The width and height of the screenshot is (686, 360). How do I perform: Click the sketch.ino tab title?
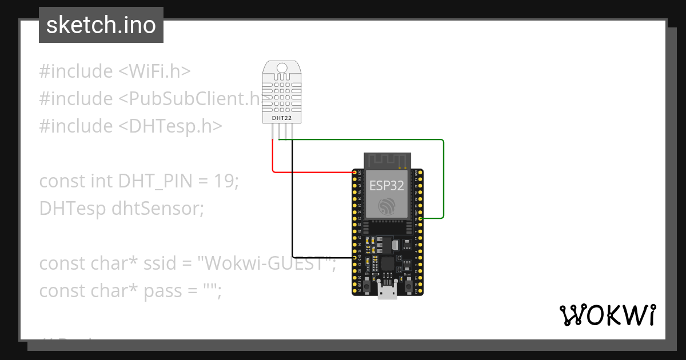[101, 25]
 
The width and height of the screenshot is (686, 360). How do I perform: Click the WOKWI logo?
[607, 315]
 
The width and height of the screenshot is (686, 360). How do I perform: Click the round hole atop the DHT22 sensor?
[282, 69]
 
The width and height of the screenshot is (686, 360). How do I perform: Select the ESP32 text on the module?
[386, 186]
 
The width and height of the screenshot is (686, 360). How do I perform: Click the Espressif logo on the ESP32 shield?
[387, 207]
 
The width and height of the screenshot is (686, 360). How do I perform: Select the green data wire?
[443, 177]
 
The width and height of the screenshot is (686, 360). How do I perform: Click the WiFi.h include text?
[154, 71]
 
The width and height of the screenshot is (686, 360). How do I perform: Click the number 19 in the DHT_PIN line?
[225, 181]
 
